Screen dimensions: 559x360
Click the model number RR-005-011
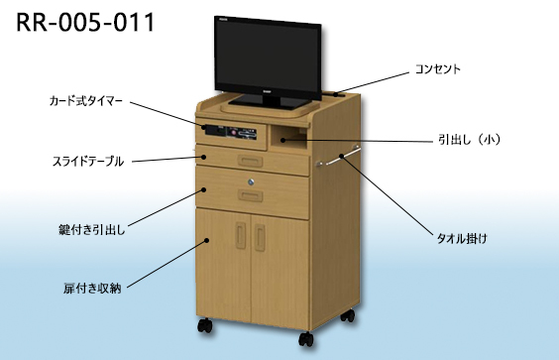click(85, 22)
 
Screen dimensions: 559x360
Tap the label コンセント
click(438, 69)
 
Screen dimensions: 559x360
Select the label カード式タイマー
click(86, 101)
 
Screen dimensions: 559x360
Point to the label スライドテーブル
click(88, 162)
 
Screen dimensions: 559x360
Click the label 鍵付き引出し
click(92, 230)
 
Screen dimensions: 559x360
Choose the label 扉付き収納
click(92, 289)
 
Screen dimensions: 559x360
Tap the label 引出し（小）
click(469, 140)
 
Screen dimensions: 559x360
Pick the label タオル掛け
click(462, 238)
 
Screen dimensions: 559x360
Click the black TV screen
click(268, 58)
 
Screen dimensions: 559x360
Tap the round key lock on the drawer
click(252, 182)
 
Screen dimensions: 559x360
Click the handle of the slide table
click(251, 162)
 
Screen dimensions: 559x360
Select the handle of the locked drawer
click(251, 195)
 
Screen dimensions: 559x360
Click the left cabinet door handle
click(241, 234)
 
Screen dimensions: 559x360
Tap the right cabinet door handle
click(260, 237)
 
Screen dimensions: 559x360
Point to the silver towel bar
click(338, 157)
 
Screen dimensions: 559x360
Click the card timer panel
click(230, 132)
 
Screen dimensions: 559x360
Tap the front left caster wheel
click(205, 325)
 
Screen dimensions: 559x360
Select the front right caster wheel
click(306, 338)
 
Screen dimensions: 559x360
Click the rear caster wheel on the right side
click(348, 315)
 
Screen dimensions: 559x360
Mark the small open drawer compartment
click(288, 137)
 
